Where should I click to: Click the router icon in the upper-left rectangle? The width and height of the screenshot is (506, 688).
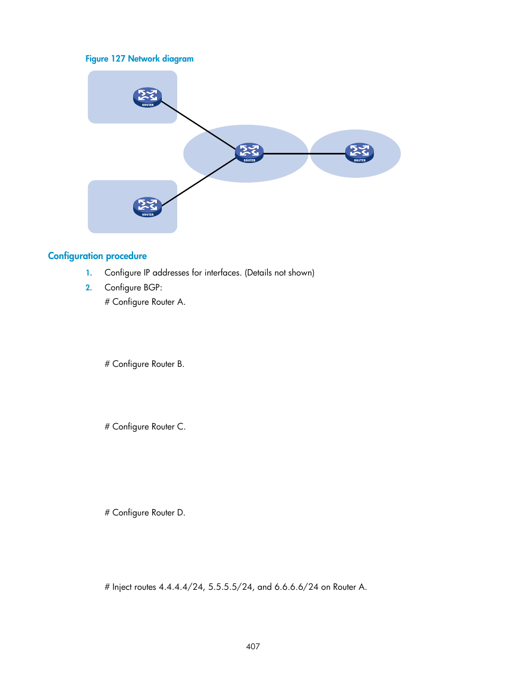pos(147,97)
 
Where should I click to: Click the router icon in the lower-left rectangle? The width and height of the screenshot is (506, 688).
pos(147,207)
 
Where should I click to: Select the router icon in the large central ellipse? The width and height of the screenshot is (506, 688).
pos(249,153)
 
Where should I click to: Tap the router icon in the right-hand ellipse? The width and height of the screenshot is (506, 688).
pos(360,153)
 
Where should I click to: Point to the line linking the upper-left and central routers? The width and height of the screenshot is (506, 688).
pos(198,125)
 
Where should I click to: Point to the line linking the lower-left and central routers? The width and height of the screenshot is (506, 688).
pos(198,182)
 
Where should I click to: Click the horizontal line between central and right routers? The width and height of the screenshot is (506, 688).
pos(303,153)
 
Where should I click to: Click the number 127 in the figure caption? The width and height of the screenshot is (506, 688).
pos(118,59)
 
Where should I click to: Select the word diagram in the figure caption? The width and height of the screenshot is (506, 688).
pos(178,59)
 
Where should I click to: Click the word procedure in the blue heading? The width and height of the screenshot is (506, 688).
pos(126,256)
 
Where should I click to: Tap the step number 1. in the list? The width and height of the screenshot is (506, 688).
pos(89,273)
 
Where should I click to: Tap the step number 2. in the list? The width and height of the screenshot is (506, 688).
pos(89,288)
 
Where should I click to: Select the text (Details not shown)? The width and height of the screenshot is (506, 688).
pos(280,273)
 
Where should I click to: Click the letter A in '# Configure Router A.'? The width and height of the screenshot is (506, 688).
pos(180,302)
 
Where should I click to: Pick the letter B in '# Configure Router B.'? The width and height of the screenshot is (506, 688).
pos(180,364)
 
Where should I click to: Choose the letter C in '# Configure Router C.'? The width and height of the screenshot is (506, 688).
pos(180,427)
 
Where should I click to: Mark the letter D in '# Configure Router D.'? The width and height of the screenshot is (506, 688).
pos(180,513)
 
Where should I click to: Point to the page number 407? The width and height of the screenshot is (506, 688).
pos(253,647)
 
